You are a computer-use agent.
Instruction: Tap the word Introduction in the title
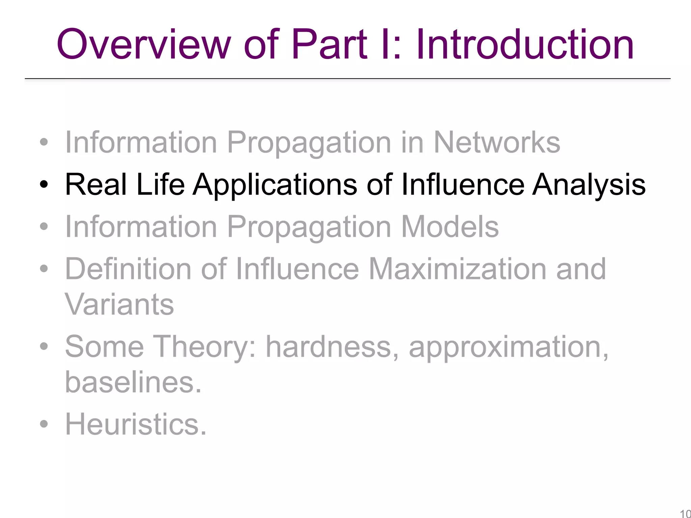click(525, 44)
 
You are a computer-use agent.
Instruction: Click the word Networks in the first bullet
click(497, 142)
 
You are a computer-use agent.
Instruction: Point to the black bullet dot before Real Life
click(44, 184)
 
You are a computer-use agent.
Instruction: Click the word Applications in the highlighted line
click(275, 184)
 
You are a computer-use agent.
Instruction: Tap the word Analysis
click(589, 184)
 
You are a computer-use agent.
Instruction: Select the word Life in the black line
click(160, 184)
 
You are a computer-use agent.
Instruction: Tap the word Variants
click(119, 304)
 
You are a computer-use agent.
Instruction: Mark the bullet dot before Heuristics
click(44, 424)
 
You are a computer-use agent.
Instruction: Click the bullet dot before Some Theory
click(44, 346)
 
